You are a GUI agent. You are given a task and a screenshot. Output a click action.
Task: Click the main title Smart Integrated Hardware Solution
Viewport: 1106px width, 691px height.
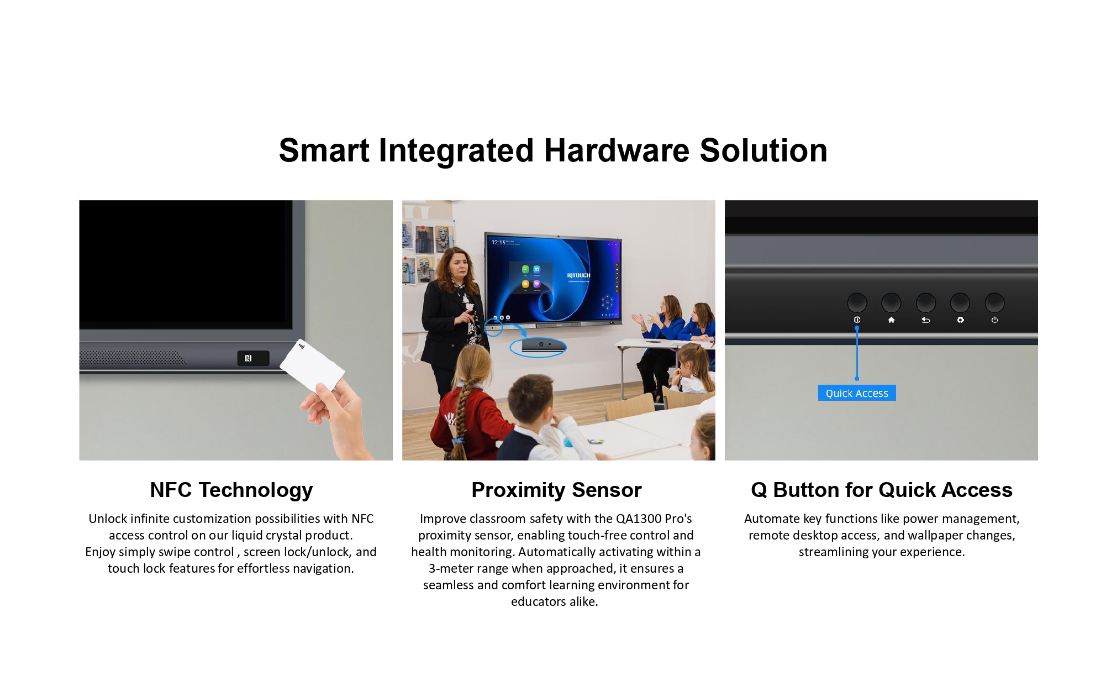click(553, 150)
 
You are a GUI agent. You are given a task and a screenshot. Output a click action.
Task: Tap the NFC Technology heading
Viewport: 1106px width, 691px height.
click(231, 490)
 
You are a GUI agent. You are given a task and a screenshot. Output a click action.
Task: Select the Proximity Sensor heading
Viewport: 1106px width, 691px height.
click(556, 490)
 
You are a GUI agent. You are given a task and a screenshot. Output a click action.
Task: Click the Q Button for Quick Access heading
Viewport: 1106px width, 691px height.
click(881, 490)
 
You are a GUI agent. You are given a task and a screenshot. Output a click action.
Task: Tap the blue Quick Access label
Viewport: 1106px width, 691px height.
click(857, 393)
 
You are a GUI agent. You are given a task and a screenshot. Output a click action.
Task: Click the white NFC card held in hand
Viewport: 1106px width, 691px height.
click(312, 364)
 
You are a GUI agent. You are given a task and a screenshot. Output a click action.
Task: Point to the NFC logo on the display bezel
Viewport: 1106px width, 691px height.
click(249, 358)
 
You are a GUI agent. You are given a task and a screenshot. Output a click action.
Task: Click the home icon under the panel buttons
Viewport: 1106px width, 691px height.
click(891, 320)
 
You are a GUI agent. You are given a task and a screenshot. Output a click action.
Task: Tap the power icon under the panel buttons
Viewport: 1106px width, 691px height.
click(994, 320)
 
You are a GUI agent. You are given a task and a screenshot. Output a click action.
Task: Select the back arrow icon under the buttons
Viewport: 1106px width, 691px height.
click(926, 320)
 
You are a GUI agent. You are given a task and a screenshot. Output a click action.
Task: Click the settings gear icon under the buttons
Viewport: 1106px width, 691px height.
click(960, 320)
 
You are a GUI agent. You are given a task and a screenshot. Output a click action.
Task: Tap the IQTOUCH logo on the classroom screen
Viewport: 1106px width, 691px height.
click(578, 275)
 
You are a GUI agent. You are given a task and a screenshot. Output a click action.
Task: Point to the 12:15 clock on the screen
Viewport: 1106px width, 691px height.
click(498, 242)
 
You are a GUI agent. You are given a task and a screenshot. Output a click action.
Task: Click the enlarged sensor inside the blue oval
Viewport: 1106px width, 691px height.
click(543, 345)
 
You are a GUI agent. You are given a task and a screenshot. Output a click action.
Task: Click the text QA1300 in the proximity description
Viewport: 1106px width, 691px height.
click(639, 519)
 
